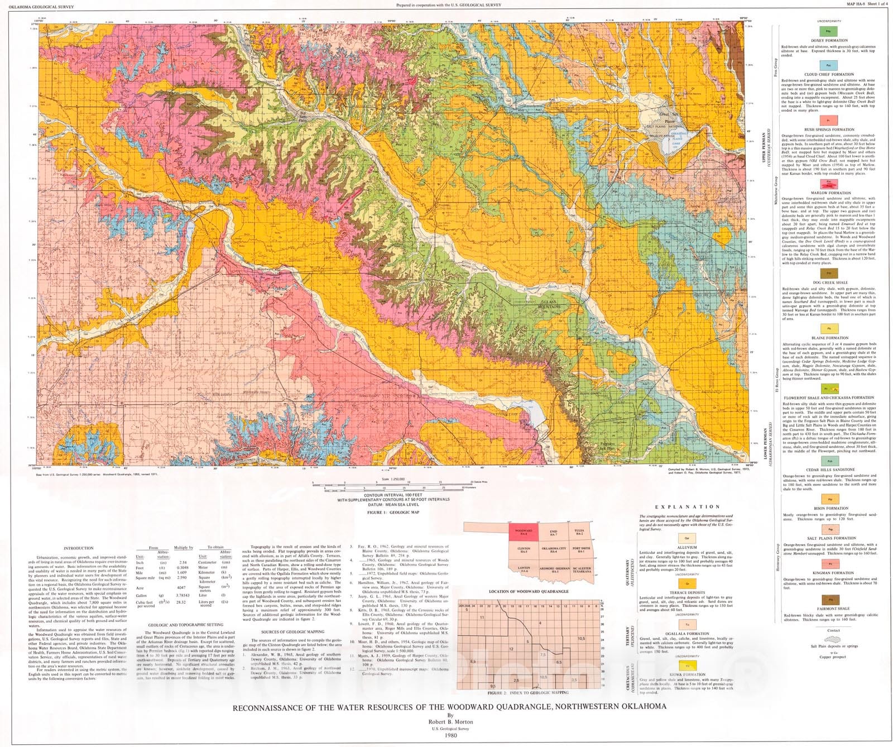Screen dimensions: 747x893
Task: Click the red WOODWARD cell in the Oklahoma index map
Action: [523, 533]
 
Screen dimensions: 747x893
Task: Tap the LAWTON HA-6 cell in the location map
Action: [523, 569]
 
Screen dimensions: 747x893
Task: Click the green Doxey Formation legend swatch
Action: [828, 32]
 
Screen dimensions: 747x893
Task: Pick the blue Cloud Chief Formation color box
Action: [828, 65]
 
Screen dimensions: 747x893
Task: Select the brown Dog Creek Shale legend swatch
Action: [828, 274]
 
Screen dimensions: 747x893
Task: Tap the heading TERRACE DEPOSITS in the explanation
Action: [688, 592]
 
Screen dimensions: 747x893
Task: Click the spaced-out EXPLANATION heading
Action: [687, 506]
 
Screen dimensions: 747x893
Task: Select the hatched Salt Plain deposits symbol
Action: [832, 640]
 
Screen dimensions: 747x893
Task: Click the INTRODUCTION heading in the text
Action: [79, 548]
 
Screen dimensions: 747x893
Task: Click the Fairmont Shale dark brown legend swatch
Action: [828, 599]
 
